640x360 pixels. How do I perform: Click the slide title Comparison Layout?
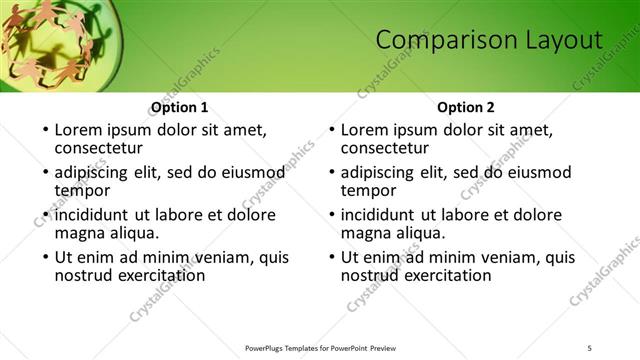(x=489, y=40)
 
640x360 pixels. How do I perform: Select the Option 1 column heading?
(x=179, y=107)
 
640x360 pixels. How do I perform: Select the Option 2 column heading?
(x=466, y=107)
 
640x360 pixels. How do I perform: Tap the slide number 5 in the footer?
(x=589, y=347)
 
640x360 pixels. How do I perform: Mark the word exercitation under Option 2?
(x=443, y=275)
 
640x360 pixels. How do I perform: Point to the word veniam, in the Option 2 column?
(x=492, y=257)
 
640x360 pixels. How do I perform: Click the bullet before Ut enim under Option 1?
(x=44, y=257)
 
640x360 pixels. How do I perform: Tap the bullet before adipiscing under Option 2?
(x=331, y=172)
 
